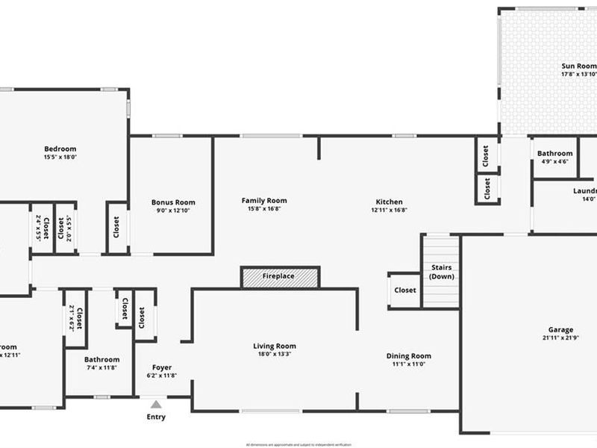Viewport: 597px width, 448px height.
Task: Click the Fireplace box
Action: [280, 276]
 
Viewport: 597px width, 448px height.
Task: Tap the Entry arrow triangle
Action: [156, 404]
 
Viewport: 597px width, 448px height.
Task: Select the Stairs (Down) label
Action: [441, 272]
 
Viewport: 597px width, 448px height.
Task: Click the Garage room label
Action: [560, 329]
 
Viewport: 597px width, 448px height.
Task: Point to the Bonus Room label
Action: [173, 202]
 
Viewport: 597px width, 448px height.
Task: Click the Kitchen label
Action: [389, 202]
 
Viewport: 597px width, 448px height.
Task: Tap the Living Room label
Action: [275, 346]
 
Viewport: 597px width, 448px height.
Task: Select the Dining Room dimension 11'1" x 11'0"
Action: [408, 364]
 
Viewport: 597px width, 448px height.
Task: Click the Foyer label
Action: [162, 367]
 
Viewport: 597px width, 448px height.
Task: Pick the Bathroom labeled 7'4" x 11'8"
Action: [101, 364]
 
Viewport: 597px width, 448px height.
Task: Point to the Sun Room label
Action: [578, 66]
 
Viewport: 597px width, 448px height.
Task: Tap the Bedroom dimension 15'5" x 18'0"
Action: [60, 158]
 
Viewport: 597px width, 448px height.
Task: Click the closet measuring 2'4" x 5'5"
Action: [42, 227]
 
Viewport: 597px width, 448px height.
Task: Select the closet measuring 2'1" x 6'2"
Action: [75, 318]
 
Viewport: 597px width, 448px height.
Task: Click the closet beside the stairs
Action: [404, 290]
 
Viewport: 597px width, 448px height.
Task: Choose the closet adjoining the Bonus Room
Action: [116, 227]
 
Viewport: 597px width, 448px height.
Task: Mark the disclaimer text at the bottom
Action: [298, 444]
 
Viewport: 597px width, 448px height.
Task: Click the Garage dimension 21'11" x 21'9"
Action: [560, 338]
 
